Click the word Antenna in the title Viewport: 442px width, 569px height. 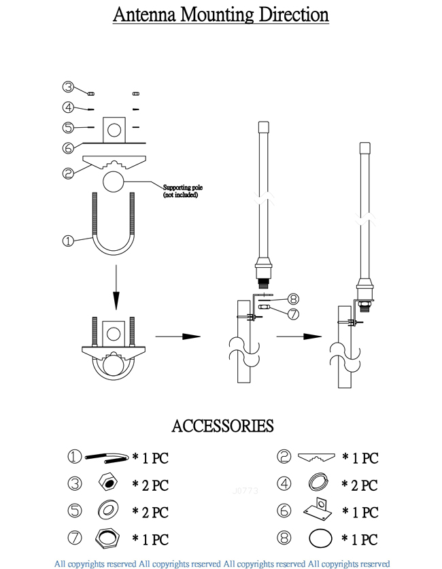[144, 14]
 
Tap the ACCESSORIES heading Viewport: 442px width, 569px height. [222, 426]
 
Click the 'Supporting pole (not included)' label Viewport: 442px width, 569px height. [182, 191]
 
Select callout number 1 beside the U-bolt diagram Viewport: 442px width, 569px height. [68, 241]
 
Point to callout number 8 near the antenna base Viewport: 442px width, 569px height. [293, 299]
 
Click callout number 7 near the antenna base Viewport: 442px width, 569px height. [293, 314]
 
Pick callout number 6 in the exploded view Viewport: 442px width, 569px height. [68, 148]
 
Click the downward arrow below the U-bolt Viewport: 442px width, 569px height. [116, 288]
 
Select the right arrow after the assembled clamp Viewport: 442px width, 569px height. [177, 337]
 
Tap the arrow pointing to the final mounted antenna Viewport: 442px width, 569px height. [299, 337]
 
